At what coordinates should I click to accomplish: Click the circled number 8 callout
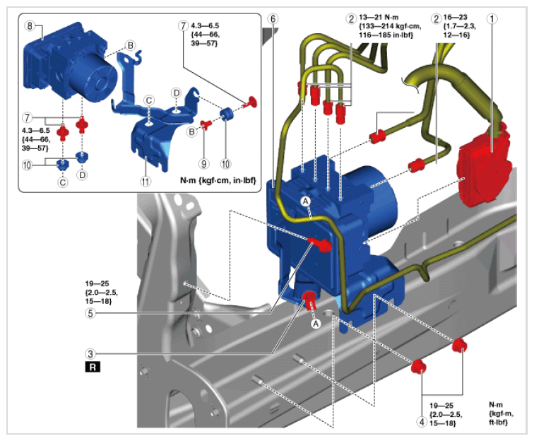pyautogui.click(x=30, y=25)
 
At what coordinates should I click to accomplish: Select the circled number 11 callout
pyautogui.click(x=146, y=181)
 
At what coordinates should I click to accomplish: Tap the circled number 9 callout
pyautogui.click(x=203, y=164)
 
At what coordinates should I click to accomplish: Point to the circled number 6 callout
pyautogui.click(x=273, y=19)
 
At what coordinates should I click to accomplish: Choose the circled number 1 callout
pyautogui.click(x=492, y=18)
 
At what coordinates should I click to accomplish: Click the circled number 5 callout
pyautogui.click(x=90, y=313)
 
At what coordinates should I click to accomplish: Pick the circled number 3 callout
pyautogui.click(x=90, y=354)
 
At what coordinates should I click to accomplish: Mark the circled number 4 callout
pyautogui.click(x=422, y=422)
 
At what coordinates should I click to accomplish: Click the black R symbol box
pyautogui.click(x=93, y=367)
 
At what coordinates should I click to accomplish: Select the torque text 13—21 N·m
pyautogui.click(x=379, y=17)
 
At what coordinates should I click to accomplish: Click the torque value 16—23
pyautogui.click(x=455, y=17)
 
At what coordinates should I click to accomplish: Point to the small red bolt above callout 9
pyautogui.click(x=206, y=124)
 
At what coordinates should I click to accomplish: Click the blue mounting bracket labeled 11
pyautogui.click(x=153, y=129)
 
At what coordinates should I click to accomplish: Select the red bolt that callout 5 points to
pyautogui.click(x=320, y=244)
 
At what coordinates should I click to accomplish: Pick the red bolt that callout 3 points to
pyautogui.click(x=309, y=300)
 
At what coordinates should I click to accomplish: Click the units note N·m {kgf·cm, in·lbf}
pyautogui.click(x=218, y=180)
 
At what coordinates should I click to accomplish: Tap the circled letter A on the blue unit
pyautogui.click(x=305, y=201)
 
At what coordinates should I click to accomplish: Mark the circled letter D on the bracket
pyautogui.click(x=176, y=93)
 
